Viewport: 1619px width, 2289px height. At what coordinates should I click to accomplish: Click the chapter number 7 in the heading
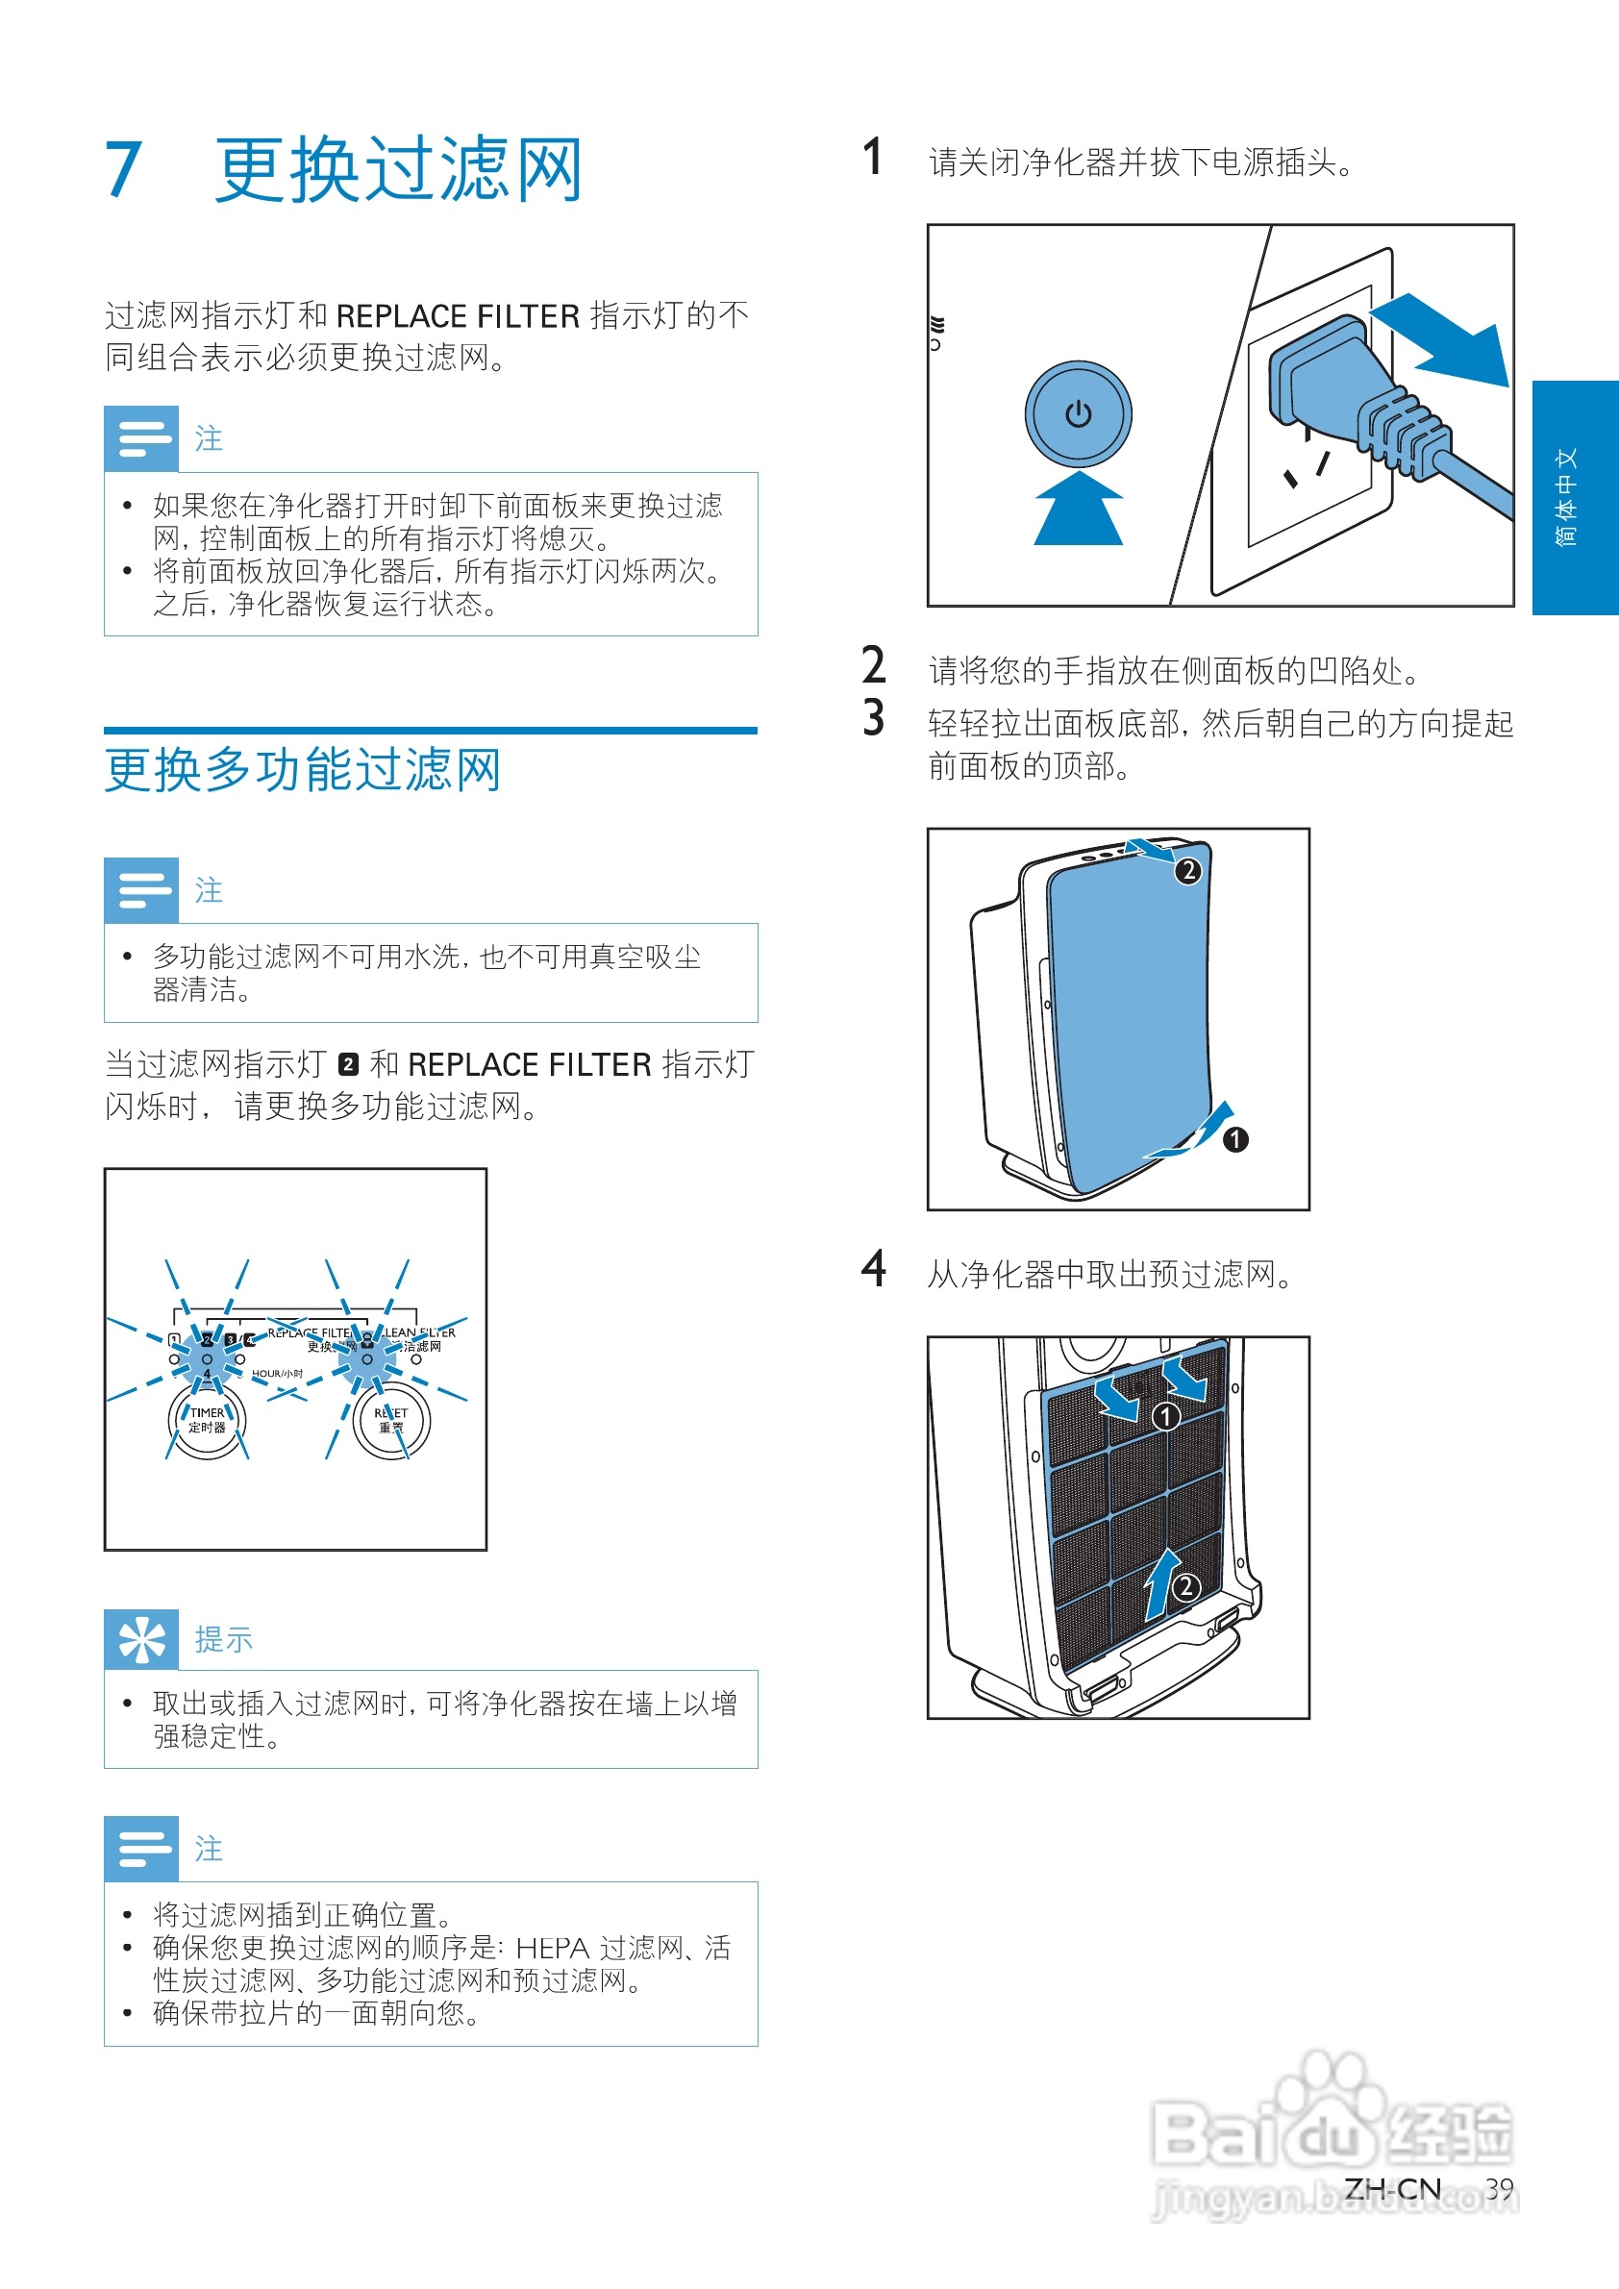tap(124, 169)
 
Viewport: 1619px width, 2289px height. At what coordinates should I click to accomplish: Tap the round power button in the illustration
tap(1078, 413)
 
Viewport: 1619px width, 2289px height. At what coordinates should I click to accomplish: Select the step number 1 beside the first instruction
tap(872, 158)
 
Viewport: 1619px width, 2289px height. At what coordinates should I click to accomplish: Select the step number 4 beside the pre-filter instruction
tap(873, 1269)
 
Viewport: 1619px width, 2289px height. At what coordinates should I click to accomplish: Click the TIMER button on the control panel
tap(208, 1421)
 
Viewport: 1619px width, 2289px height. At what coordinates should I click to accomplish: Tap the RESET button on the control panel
tap(390, 1421)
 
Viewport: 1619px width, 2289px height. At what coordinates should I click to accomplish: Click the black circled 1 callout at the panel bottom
tap(1235, 1139)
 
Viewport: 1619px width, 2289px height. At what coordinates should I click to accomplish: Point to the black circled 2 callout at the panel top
tap(1187, 870)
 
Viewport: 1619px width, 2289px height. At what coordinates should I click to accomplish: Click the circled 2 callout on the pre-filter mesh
tap(1185, 1586)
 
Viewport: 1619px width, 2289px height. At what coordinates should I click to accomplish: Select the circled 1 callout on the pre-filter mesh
tap(1165, 1416)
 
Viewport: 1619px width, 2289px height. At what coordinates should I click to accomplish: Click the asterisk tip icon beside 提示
tap(141, 1639)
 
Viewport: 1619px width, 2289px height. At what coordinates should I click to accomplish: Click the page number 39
tap(1499, 2189)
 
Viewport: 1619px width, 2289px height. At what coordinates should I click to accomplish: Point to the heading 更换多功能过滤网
tap(303, 771)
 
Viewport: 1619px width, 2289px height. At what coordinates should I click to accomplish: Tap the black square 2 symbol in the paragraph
tap(348, 1065)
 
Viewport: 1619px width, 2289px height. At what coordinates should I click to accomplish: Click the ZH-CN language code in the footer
tap(1392, 2189)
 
